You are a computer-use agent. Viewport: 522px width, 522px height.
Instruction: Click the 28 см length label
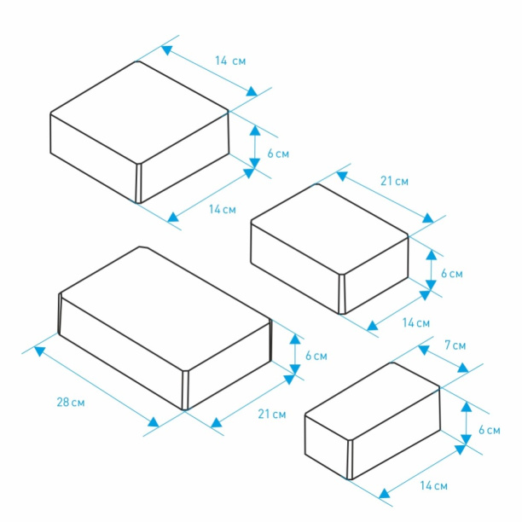click(x=71, y=402)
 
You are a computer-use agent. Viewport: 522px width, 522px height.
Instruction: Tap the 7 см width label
click(x=455, y=345)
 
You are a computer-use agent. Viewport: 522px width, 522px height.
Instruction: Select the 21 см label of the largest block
click(x=272, y=414)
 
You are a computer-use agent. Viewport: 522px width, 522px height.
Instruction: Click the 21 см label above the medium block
click(x=394, y=181)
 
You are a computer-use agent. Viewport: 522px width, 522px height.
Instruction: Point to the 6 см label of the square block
click(x=278, y=154)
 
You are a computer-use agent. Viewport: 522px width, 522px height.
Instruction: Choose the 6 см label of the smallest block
click(x=490, y=430)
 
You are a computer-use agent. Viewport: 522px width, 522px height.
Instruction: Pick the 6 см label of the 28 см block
click(x=316, y=356)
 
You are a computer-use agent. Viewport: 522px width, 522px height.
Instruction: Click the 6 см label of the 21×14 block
click(x=452, y=273)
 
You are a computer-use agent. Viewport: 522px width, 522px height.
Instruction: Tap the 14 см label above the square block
click(x=230, y=61)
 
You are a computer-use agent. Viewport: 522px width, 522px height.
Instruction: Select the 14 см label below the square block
click(x=223, y=209)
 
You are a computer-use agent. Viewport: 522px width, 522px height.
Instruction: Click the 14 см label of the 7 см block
click(x=434, y=485)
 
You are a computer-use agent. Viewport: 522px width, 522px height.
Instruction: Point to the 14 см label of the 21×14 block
click(x=416, y=322)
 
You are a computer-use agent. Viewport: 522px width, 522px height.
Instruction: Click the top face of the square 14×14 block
click(x=139, y=113)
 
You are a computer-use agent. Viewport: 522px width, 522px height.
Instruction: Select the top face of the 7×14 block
click(x=372, y=401)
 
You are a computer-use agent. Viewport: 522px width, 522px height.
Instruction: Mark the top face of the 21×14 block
click(x=329, y=229)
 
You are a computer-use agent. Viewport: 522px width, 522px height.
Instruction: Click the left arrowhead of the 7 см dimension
click(x=423, y=350)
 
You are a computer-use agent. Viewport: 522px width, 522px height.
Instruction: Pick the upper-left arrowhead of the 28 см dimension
click(x=39, y=351)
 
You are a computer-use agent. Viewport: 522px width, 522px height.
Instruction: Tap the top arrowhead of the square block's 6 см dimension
click(x=255, y=130)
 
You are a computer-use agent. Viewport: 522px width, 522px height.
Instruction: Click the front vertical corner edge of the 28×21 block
click(x=185, y=390)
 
